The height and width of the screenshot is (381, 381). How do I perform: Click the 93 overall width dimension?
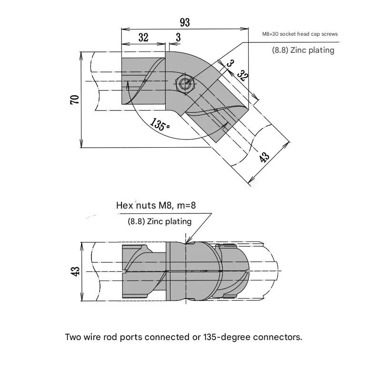coord(185,22)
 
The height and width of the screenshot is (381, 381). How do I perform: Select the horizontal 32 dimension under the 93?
coord(143,38)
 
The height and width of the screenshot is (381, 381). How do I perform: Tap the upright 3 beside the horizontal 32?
coord(178,38)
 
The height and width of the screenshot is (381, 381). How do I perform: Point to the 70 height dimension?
coord(74,100)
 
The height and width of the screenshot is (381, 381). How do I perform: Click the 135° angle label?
coord(160,125)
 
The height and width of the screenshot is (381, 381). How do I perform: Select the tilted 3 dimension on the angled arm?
coord(231,63)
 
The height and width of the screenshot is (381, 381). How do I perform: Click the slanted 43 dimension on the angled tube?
coord(265,157)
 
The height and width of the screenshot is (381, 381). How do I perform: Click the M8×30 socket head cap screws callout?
coord(300,34)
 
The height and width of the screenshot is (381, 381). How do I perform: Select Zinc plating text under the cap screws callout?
coord(303,50)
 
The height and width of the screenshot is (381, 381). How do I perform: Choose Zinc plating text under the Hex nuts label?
coord(160,221)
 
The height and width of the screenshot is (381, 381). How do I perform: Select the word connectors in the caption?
coord(279,337)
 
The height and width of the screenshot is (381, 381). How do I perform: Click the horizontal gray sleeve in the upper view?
coord(143,81)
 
